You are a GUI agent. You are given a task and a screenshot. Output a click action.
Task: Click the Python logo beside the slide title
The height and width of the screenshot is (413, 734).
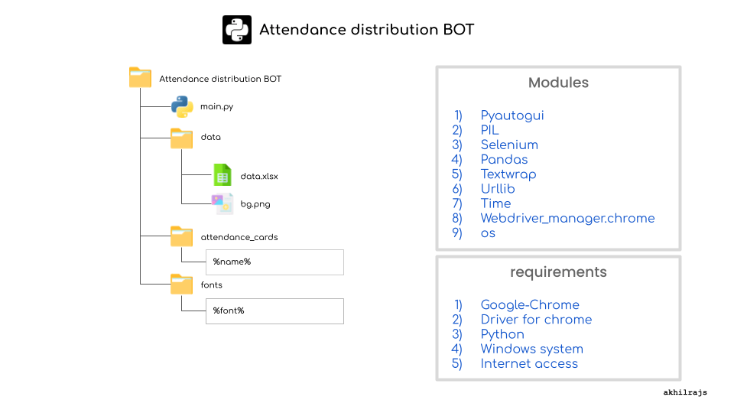coord(236,30)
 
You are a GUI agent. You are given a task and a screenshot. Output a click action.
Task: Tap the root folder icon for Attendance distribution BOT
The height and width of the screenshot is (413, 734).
coord(140,78)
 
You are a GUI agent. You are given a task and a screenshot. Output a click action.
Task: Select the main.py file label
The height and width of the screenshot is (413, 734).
coord(216,107)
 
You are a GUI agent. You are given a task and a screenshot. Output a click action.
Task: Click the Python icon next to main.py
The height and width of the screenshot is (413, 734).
coord(182,107)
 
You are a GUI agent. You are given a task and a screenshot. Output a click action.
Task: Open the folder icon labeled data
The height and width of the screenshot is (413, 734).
coord(182,138)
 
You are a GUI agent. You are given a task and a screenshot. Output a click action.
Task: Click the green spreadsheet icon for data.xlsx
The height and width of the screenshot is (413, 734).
coord(222,175)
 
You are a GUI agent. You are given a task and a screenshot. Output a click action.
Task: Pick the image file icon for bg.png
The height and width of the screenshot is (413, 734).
coord(222,203)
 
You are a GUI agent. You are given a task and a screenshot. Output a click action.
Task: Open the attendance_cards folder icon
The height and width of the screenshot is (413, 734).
coord(182,236)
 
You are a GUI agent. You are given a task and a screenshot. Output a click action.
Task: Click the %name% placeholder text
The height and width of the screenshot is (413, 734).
coord(232,262)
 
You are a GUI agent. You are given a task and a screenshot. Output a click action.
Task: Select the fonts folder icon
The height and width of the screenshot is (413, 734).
coord(182,285)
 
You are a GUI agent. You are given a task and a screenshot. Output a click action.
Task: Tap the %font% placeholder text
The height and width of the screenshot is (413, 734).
coord(229,311)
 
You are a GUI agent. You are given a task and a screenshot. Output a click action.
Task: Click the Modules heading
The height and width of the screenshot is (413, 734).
coord(558,83)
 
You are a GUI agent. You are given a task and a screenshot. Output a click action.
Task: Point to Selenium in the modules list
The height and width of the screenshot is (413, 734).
coord(508,145)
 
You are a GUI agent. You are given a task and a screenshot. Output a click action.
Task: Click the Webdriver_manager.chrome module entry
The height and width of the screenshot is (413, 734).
coord(567,218)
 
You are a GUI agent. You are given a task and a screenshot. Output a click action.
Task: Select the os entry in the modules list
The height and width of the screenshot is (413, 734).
coord(488,233)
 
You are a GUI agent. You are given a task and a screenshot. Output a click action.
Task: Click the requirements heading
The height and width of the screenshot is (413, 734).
coord(558,272)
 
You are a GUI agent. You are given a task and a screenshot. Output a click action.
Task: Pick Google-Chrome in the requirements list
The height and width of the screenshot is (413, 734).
coord(529,304)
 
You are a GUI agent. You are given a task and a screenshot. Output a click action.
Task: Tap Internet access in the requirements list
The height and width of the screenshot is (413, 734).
coord(528,363)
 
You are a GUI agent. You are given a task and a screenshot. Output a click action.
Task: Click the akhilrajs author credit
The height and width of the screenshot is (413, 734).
coord(685,392)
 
